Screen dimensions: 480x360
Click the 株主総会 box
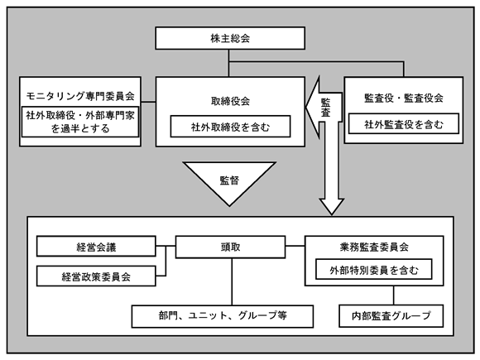tap(230, 38)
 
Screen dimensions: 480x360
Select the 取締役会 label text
tap(230, 101)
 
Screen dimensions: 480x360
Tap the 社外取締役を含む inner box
tap(230, 127)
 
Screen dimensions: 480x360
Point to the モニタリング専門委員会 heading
tap(80, 96)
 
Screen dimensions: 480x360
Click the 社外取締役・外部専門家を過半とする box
tap(80, 122)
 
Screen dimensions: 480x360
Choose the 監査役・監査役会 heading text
tap(404, 98)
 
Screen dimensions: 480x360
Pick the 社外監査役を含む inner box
tap(404, 124)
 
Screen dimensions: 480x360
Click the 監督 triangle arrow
tap(229, 183)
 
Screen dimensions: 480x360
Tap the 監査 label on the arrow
tap(325, 108)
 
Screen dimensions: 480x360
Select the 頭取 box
tap(230, 247)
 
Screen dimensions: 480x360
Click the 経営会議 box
tap(96, 247)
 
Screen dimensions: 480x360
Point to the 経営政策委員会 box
tap(96, 276)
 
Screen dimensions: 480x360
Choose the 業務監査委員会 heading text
tap(374, 247)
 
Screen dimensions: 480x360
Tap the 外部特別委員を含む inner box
tap(374, 270)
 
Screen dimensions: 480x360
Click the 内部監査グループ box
tap(391, 316)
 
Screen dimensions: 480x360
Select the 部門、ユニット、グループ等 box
tap(223, 316)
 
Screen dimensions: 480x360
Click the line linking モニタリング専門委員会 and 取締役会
tap(148, 102)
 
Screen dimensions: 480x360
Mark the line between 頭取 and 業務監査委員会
tap(295, 246)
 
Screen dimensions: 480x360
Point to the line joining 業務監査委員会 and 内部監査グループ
tap(394, 295)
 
